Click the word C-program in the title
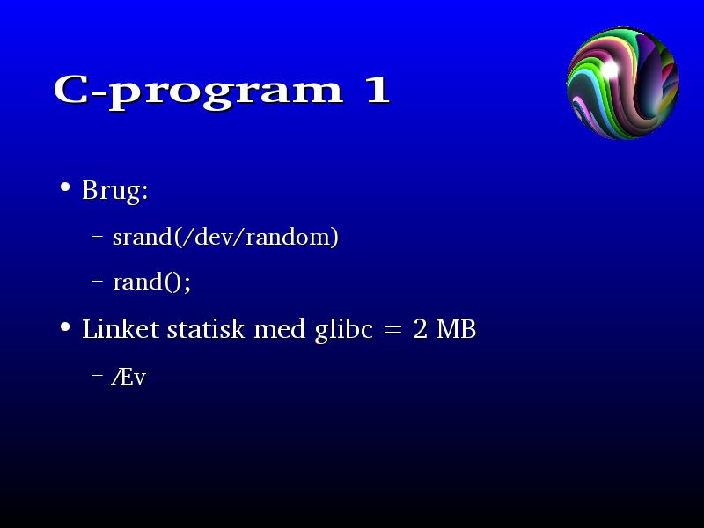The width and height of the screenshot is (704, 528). [x=199, y=92]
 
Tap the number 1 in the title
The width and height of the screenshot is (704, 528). [x=378, y=90]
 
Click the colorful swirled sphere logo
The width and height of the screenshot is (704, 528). [x=623, y=83]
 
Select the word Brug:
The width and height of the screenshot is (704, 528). [x=115, y=191]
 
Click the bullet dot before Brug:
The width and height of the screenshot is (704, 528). [x=65, y=187]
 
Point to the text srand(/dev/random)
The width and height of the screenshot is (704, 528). [x=225, y=237]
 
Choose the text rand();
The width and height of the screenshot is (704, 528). [x=151, y=282]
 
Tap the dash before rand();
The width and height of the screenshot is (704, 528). [x=98, y=281]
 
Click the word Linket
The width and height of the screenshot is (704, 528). [x=121, y=329]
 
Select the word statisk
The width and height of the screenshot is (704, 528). [x=206, y=329]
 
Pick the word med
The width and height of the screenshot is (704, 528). [x=280, y=329]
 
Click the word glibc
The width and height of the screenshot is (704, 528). [x=344, y=330]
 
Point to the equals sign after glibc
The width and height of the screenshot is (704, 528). [x=392, y=330]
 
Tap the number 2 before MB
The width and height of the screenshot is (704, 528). [x=420, y=329]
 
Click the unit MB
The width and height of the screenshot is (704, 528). [x=456, y=329]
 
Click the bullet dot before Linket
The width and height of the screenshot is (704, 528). [x=65, y=326]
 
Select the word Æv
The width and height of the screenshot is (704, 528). [x=128, y=378]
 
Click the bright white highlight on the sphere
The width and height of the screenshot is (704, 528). [x=610, y=70]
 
